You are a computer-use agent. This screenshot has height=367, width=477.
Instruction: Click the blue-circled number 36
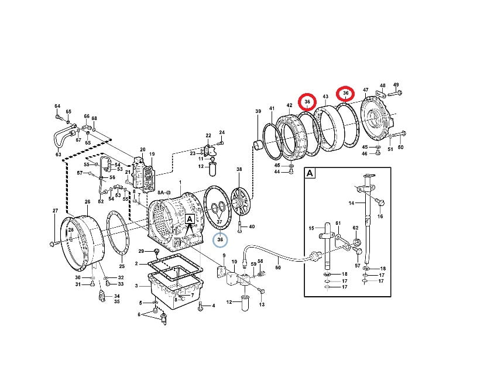coord(220,239)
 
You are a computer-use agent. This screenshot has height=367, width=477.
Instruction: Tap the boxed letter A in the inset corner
coord(310,173)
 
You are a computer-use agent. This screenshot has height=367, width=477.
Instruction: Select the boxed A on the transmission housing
coord(190,219)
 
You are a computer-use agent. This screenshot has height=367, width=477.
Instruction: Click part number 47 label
coord(366,90)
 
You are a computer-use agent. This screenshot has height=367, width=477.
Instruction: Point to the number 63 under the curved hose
coord(59,155)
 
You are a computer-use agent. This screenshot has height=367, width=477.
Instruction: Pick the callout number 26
coord(88,201)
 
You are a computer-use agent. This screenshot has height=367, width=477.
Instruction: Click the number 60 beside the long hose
coord(278,267)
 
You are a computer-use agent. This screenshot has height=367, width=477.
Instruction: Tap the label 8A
coord(160,193)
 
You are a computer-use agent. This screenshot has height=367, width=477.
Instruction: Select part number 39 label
coord(258,111)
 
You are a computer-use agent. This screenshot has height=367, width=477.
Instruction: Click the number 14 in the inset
coord(351,203)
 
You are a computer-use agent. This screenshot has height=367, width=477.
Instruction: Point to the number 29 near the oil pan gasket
coord(141,251)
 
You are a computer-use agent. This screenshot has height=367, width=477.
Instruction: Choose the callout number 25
coord(122,266)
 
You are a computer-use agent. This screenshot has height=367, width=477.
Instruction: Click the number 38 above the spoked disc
coord(239,169)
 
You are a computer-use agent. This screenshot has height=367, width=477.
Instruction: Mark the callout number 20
coord(143,149)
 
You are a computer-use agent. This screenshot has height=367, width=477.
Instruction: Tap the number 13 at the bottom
coord(262,304)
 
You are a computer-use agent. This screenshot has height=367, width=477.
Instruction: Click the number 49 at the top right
coord(396,85)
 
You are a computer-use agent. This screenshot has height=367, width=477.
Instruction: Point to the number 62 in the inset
coord(356,228)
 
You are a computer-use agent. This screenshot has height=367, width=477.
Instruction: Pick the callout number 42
coord(289,105)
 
